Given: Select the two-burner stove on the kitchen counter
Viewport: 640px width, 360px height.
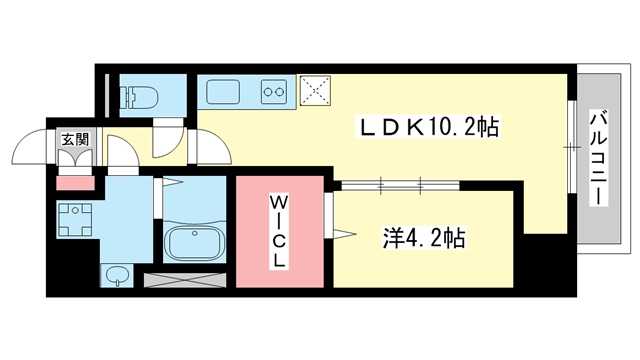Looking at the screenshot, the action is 273,94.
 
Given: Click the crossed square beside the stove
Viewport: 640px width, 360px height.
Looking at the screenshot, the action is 318,90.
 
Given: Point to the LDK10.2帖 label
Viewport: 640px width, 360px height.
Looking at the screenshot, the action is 431,128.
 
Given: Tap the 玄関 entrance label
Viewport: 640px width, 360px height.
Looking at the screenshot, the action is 73,140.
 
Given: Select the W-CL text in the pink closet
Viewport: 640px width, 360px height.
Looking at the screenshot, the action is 281,230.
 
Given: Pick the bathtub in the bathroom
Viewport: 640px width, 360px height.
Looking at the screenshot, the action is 195,243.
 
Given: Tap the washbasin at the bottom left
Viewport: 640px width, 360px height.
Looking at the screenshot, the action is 115,273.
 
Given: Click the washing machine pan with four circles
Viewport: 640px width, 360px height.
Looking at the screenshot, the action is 75,218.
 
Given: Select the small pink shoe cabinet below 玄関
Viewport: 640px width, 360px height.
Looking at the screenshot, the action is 73,183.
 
